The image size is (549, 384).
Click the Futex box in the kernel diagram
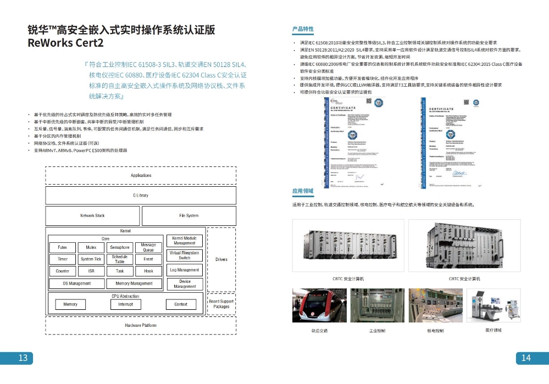(62, 247)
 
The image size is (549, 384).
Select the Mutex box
(91, 247)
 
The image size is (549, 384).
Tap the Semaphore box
(120, 247)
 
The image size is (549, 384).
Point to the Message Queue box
(148, 247)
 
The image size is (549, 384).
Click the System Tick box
(91, 259)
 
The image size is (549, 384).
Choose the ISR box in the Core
(91, 271)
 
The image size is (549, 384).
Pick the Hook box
(148, 271)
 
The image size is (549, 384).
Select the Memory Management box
(134, 283)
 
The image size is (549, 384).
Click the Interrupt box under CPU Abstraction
(125, 304)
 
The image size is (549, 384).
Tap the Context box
(181, 304)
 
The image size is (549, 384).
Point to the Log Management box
(185, 270)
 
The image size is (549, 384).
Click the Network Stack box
(92, 215)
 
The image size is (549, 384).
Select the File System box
(188, 215)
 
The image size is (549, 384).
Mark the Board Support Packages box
(221, 304)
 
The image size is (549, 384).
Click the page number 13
(23, 358)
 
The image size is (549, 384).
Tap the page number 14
(526, 358)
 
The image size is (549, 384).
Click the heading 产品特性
(303, 29)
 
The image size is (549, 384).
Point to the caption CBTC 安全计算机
(348, 279)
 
